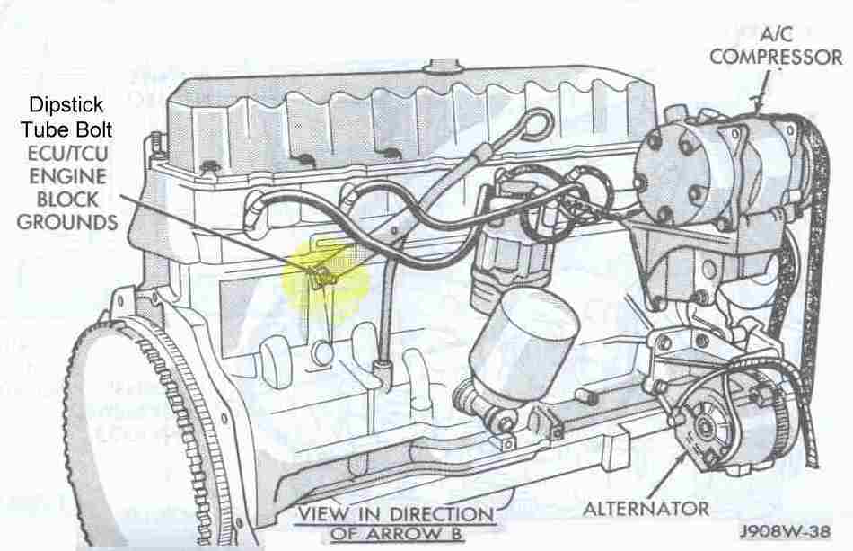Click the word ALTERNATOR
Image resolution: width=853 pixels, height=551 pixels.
[646, 509]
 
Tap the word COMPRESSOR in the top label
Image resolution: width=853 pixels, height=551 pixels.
[776, 57]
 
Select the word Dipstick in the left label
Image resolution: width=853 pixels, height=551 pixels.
[66, 104]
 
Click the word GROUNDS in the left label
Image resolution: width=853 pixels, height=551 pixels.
[67, 222]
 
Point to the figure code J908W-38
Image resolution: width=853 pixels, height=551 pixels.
[785, 531]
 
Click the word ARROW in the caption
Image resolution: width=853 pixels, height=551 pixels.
[406, 533]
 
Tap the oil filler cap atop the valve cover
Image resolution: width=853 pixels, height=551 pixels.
[444, 66]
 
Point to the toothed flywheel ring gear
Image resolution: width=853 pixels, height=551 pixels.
[147, 431]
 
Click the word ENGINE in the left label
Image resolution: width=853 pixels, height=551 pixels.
[67, 176]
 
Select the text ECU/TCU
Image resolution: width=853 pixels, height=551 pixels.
[67, 154]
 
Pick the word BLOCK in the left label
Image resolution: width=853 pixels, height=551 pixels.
[67, 200]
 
